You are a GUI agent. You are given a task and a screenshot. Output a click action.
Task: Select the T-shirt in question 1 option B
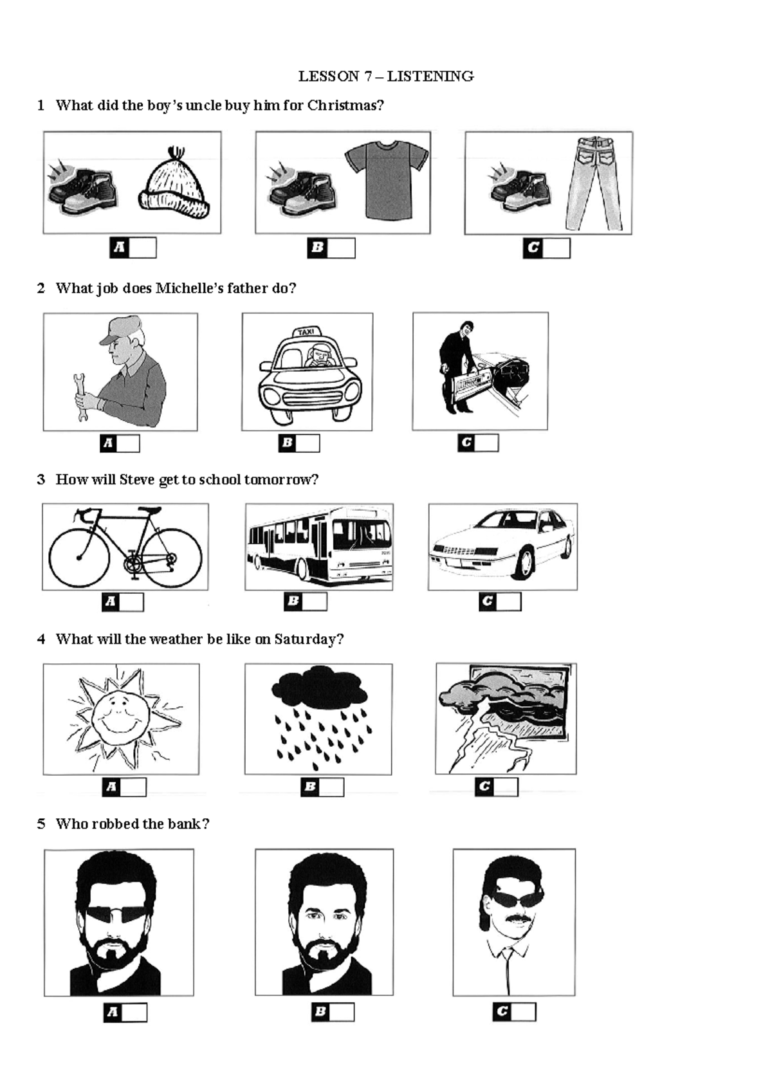[x=387, y=180]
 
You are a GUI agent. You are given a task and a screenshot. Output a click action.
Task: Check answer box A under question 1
[x=143, y=248]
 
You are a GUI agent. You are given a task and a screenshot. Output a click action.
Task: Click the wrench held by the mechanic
[x=80, y=398]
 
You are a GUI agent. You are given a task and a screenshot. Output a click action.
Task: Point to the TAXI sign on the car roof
[x=307, y=332]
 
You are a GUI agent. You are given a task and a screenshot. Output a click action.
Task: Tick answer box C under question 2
[x=486, y=443]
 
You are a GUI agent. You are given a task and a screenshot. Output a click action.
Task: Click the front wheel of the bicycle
[x=78, y=558]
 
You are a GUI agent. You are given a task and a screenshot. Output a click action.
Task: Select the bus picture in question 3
[x=320, y=547]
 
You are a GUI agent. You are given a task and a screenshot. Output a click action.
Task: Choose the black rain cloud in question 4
[x=320, y=686]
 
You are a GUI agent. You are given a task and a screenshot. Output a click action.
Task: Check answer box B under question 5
[x=342, y=1012]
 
